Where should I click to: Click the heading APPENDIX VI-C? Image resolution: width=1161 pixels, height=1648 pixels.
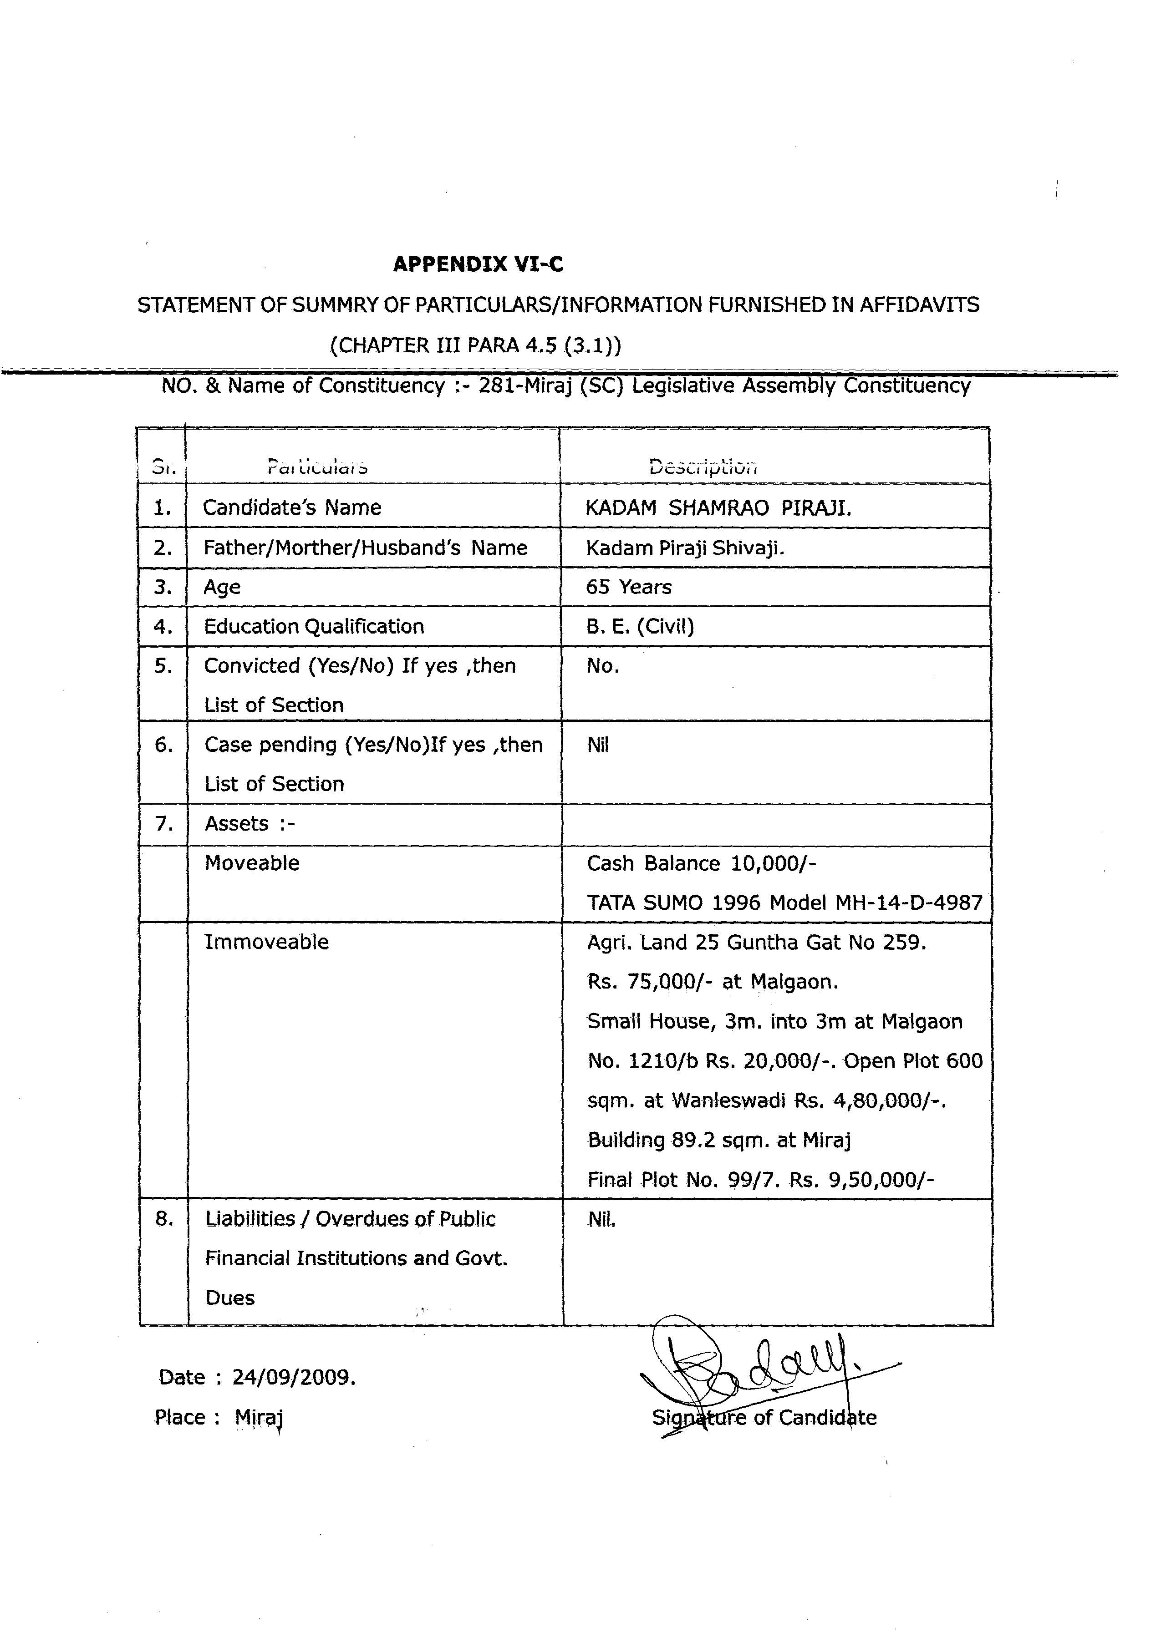[478, 265]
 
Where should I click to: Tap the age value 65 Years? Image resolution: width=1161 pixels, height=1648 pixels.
[628, 587]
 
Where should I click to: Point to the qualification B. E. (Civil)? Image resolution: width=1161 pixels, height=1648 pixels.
[640, 627]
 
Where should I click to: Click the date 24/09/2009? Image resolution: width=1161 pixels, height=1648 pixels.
[294, 1377]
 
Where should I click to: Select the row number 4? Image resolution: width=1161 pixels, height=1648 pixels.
[163, 627]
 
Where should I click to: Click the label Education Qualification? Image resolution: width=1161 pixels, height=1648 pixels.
[314, 627]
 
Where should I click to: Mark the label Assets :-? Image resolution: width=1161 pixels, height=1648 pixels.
[250, 823]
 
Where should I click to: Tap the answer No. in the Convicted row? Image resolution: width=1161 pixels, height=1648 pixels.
[602, 666]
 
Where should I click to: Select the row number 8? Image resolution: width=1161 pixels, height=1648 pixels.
[164, 1219]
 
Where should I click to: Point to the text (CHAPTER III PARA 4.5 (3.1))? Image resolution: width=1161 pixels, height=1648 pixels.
[475, 345]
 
